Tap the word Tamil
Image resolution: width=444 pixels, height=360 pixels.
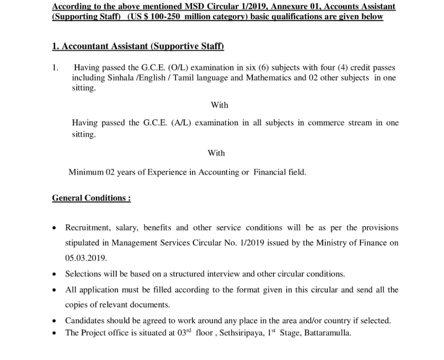coord(183,78)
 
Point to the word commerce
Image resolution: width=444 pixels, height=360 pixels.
coord(326,123)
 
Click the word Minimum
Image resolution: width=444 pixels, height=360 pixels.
coord(85,172)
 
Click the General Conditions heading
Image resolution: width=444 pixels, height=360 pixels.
coord(91,198)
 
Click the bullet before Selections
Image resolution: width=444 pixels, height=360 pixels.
coord(54,274)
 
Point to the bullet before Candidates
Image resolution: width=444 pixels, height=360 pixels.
coord(54,321)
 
